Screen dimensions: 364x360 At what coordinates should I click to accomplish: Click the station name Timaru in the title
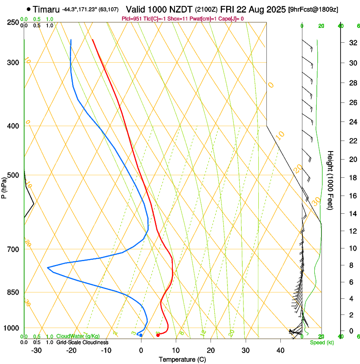point(46,9)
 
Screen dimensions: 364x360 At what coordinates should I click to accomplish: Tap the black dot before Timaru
point(28,9)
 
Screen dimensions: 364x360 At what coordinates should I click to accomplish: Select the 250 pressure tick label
point(13,22)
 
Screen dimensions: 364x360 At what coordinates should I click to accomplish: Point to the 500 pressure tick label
point(13,175)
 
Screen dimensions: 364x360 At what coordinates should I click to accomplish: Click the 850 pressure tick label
point(13,292)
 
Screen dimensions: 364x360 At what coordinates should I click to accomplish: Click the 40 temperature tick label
point(280,350)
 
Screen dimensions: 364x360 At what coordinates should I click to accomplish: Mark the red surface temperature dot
point(158,335)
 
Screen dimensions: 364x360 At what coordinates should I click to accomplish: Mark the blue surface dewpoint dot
point(141,335)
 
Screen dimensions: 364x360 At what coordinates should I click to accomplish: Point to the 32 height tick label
point(352,43)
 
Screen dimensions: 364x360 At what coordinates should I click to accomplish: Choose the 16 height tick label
point(352,196)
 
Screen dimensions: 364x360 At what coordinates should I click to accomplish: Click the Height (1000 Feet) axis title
point(331,180)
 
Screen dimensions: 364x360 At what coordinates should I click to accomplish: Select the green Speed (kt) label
point(321,342)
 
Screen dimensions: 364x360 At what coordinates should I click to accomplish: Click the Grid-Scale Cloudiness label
point(82,342)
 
